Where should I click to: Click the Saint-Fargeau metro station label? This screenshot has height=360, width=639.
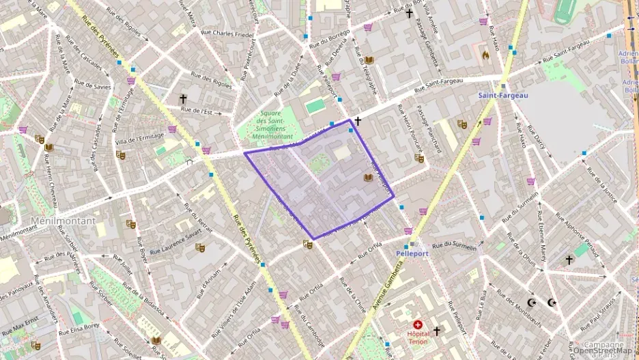(502, 96)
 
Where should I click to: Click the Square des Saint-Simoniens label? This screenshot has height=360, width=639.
(272, 125)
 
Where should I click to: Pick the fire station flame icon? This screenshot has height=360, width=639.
(485, 54)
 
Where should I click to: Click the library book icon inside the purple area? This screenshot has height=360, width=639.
(369, 178)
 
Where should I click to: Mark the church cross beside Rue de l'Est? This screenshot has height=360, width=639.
(183, 99)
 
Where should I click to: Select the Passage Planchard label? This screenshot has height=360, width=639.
(429, 130)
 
